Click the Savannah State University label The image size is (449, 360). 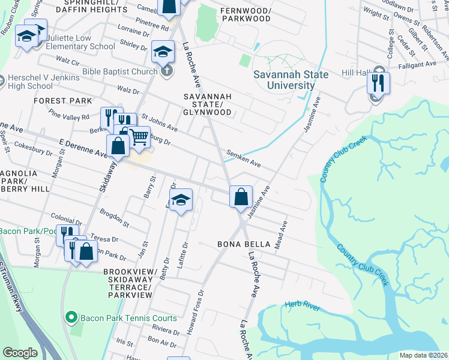(x=291, y=80)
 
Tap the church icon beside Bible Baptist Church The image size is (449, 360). (x=166, y=71)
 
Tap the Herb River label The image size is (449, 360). (x=303, y=307)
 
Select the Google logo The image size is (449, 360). (x=20, y=353)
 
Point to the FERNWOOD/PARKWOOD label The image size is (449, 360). (x=245, y=14)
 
